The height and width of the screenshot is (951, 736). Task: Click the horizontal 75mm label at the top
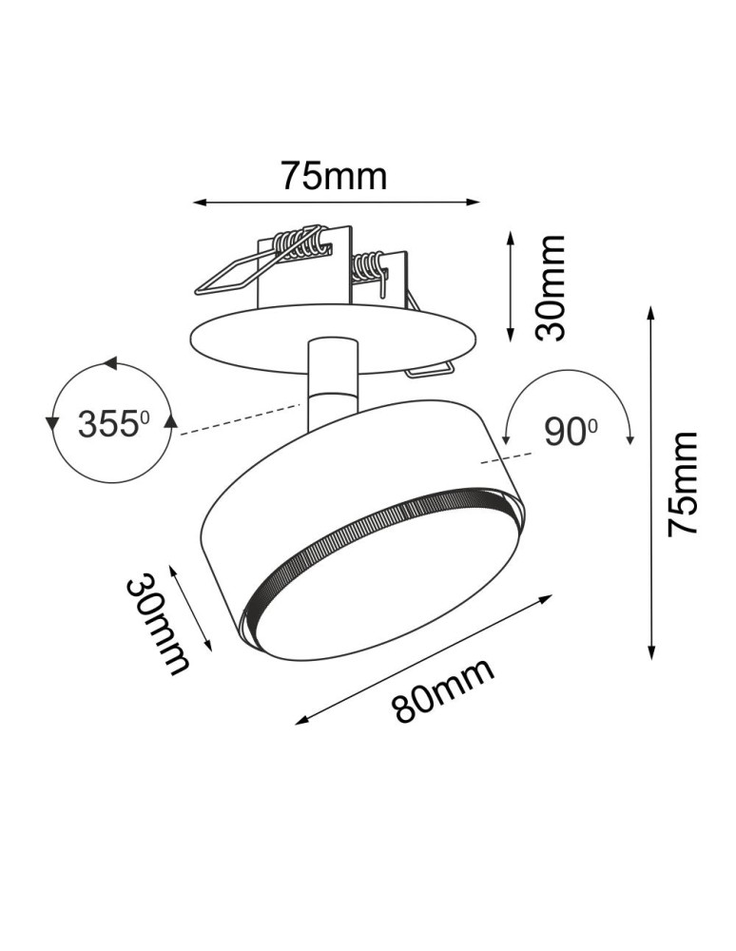tap(334, 176)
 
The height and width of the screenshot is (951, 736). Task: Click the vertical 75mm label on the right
tap(682, 483)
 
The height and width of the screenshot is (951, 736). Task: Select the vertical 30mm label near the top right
tap(550, 287)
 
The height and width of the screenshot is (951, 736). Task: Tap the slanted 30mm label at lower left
tap(156, 623)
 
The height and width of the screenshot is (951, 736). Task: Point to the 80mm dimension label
tap(444, 689)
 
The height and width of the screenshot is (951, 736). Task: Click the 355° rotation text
tap(114, 424)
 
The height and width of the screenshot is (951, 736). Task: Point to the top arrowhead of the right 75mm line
tap(651, 313)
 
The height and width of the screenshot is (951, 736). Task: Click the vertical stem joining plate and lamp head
tap(332, 380)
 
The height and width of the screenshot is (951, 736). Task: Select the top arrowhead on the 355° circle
tap(110, 363)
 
